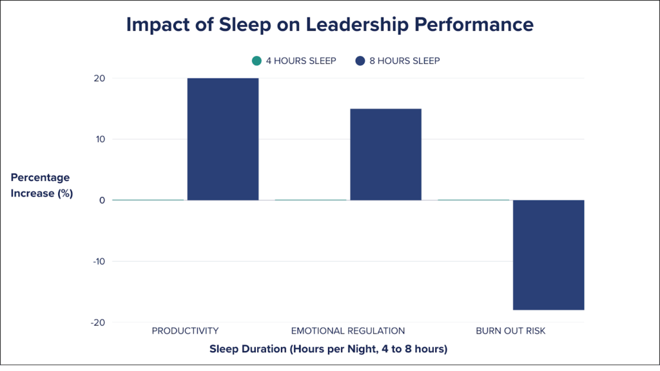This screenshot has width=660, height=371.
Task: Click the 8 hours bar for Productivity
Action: click(222, 138)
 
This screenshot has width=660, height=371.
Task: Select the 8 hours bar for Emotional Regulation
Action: click(385, 154)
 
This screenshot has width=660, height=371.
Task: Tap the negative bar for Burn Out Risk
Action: click(548, 254)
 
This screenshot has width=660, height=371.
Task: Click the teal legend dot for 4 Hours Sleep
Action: click(257, 61)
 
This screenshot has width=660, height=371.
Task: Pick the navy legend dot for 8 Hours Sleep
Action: click(360, 61)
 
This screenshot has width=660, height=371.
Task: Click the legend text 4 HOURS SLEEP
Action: click(301, 61)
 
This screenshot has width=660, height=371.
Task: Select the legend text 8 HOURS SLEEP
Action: click(404, 61)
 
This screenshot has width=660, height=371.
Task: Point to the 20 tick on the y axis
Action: click(99, 79)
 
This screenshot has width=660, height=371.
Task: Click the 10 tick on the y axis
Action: click(99, 139)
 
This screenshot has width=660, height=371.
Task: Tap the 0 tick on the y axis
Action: click(102, 200)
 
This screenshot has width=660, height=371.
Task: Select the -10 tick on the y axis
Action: click(97, 262)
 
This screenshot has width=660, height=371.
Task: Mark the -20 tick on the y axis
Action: click(97, 322)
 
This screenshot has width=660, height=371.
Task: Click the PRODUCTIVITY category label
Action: click(185, 331)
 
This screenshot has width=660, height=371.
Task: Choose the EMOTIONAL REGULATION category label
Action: click(348, 331)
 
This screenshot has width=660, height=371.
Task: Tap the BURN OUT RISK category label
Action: click(510, 331)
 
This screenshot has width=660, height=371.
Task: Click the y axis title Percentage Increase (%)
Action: click(41, 185)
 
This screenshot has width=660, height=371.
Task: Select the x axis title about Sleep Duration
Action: click(328, 349)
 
